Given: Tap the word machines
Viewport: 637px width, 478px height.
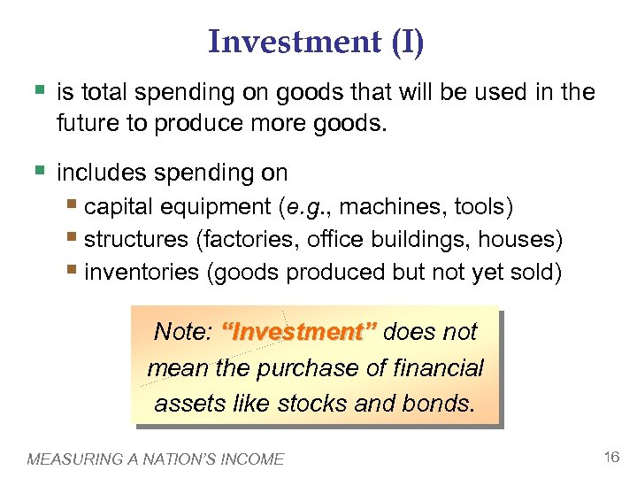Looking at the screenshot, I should (393, 207).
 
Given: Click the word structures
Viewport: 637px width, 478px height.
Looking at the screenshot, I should (135, 239).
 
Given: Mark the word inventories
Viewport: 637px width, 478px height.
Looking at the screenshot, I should (142, 271).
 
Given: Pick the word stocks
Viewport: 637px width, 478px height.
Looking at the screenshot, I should (311, 404).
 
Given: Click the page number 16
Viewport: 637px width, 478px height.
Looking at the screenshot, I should (610, 457).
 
